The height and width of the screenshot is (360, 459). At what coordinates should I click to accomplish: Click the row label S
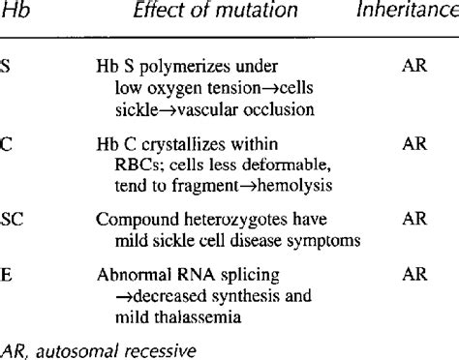coord(5,69)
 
